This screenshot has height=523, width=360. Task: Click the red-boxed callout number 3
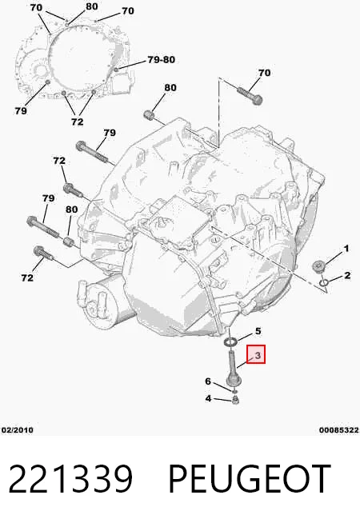pos(258,356)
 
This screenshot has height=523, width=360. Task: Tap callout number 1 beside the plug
pos(346,249)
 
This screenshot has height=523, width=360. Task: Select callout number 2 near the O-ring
pos(347,275)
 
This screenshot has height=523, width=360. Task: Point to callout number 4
pos(208,398)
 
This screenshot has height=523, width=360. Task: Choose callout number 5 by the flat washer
pos(258,331)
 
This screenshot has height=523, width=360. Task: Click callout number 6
pos(208,381)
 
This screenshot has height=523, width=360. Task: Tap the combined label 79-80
pos(162,60)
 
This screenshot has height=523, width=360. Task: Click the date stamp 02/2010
pos(18,430)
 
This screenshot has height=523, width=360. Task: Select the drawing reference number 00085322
pos(338,430)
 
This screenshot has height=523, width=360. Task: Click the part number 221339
pos(70,479)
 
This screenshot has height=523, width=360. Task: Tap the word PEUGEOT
pos(250,479)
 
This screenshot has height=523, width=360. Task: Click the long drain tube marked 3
pos(231,368)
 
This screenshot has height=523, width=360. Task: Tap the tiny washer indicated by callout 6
pos(234,391)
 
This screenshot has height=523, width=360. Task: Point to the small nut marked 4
pos(235,399)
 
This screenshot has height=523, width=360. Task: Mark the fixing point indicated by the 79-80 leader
pos(116,70)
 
